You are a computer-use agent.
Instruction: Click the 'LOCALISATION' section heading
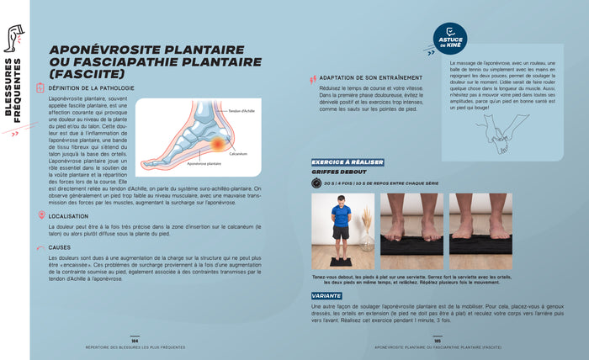pos(70,216)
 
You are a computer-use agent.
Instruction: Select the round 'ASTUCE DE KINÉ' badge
pos(449,39)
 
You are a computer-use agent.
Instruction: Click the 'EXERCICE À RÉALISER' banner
pos(348,161)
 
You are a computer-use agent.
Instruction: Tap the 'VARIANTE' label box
pos(326,295)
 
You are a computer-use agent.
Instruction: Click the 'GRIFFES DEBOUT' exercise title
pos(338,171)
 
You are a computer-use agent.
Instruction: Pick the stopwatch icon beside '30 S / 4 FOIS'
pos(316,183)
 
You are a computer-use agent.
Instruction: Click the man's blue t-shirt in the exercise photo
pos(340,215)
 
